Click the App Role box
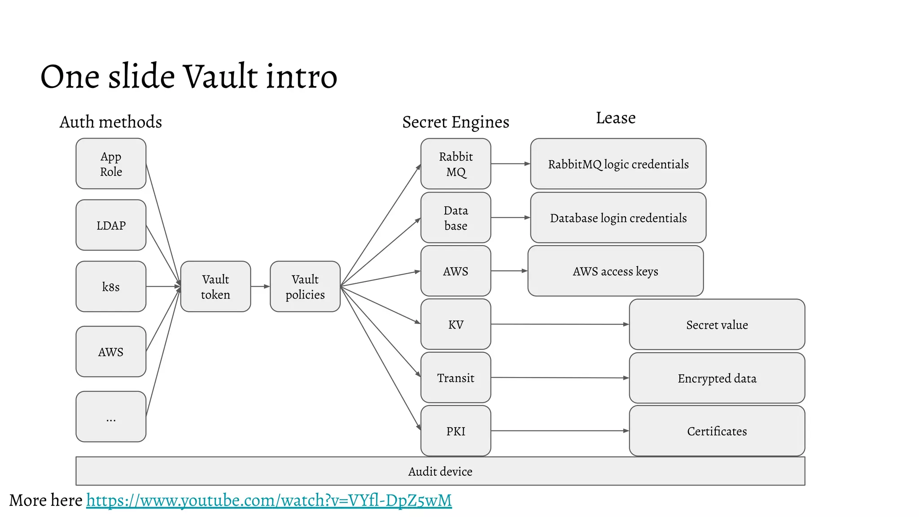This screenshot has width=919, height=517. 111,164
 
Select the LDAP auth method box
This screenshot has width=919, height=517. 111,225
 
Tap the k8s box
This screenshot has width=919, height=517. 111,287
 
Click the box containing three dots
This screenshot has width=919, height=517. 111,417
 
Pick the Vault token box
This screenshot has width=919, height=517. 215,287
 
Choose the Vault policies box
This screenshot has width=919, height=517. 305,287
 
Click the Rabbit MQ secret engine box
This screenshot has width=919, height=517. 455,164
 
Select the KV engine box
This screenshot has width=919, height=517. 455,324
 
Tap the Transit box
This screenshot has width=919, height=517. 455,378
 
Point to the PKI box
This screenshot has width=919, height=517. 455,431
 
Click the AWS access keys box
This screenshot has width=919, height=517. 615,271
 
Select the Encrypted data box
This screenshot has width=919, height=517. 717,378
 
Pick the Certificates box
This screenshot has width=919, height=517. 717,431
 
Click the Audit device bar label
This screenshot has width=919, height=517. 440,472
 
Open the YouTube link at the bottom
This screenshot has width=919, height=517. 269,500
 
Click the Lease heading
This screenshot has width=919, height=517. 616,118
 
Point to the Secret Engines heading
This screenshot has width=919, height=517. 455,122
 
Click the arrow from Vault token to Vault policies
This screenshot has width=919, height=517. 260,286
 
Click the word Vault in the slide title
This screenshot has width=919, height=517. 220,76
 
